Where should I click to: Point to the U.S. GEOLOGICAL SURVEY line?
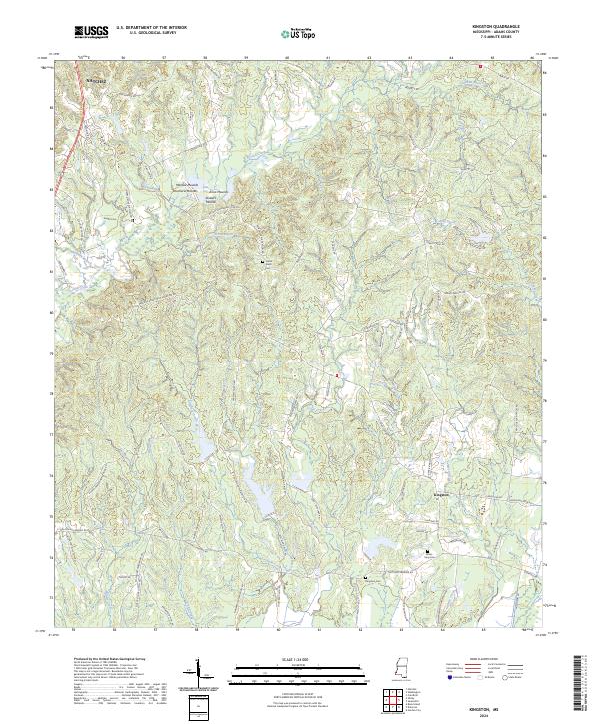tap(148, 33)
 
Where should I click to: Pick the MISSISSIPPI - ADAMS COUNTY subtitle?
tap(503, 32)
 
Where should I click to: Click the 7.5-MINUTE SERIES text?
tap(503, 38)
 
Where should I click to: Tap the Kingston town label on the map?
tap(440, 493)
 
